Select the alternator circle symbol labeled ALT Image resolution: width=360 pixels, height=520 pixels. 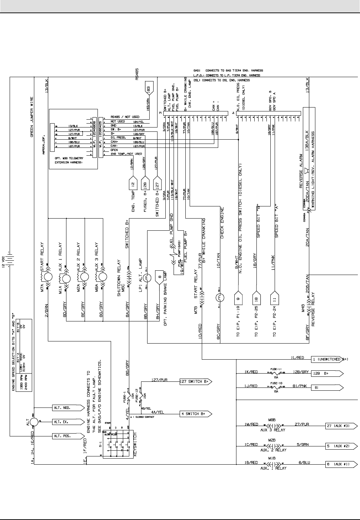pos(34,421)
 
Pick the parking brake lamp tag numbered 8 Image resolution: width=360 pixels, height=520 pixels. pos(160,279)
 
